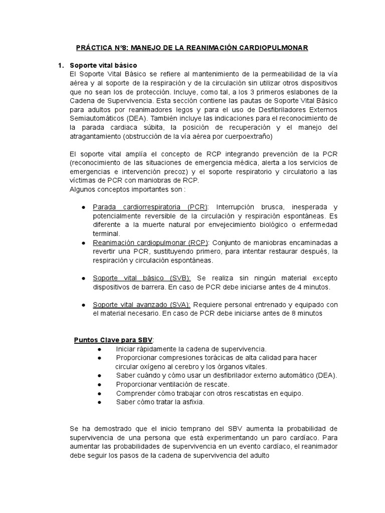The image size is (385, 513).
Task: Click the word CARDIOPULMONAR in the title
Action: click(277, 48)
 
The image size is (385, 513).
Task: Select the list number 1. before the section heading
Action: click(61, 65)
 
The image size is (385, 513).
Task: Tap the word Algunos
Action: click(82, 189)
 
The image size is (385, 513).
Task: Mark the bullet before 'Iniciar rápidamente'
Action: click(100, 349)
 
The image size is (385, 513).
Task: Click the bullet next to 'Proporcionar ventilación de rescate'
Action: click(100, 384)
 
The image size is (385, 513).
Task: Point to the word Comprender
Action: click(135, 393)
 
